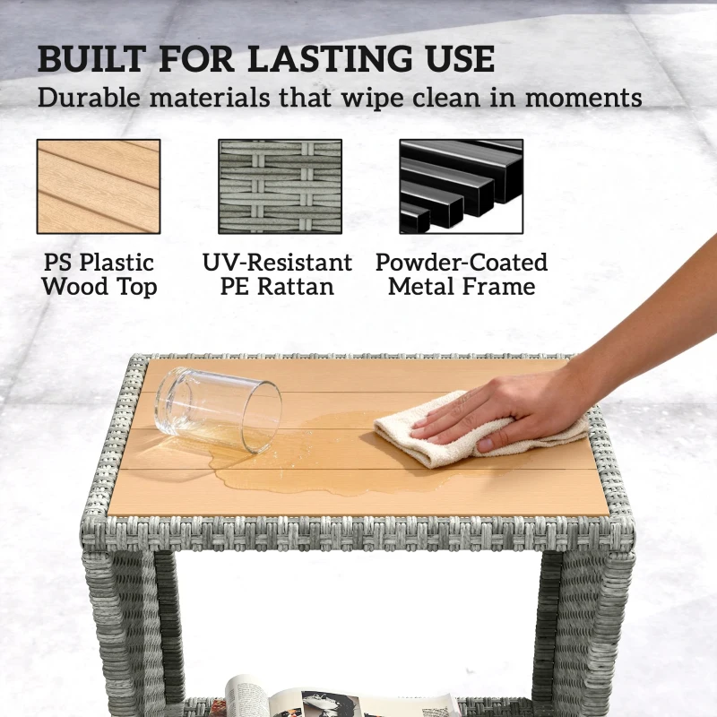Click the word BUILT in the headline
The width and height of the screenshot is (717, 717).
[92, 59]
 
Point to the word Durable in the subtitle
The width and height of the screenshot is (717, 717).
[89, 98]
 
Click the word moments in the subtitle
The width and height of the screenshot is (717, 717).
[584, 99]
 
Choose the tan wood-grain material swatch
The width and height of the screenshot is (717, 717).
[99, 186]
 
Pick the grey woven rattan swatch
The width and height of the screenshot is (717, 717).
[280, 186]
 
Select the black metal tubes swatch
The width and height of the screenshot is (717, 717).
[462, 186]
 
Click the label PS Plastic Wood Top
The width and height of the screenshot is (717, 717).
[99, 275]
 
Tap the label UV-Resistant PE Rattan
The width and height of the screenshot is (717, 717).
[278, 275]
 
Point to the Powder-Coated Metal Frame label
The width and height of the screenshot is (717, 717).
[462, 275]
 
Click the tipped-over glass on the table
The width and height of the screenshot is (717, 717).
[218, 409]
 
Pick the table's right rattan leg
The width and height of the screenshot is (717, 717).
[583, 631]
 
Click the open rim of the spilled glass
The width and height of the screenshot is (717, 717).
[262, 416]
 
